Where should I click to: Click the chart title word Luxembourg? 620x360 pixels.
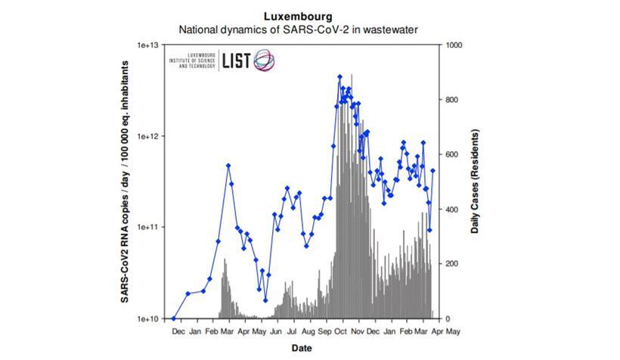click(298, 16)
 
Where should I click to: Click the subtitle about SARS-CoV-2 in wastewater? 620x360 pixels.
click(298, 29)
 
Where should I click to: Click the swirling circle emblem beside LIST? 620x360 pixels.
click(264, 61)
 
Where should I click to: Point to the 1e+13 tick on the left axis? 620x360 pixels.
click(147, 45)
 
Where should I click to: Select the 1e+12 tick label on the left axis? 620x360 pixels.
click(147, 136)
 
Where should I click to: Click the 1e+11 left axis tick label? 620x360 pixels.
click(147, 228)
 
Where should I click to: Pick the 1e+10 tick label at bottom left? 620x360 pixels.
click(147, 318)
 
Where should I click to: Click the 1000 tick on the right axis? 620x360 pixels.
click(455, 45)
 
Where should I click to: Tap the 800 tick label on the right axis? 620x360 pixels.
click(453, 100)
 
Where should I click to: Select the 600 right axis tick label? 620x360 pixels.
click(453, 154)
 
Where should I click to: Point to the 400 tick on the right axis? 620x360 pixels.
click(453, 209)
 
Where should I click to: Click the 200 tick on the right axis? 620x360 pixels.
click(453, 264)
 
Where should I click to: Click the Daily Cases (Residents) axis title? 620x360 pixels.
click(476, 182)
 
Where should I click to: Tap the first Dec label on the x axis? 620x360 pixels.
click(178, 331)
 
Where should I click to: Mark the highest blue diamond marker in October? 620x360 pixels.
click(339, 76)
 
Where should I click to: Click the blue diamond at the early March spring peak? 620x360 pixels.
click(228, 166)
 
